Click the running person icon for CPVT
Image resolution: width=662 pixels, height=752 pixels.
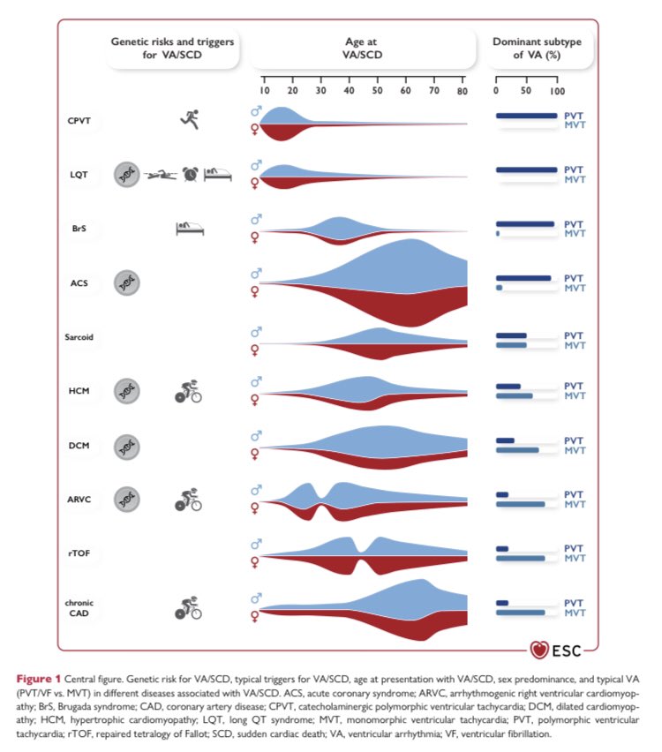(188, 119)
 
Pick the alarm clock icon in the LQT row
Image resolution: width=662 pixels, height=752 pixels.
(191, 174)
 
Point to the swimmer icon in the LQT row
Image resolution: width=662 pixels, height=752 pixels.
(161, 175)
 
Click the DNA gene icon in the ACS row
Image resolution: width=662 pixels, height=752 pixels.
(128, 282)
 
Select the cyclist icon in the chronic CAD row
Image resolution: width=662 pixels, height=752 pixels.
(188, 607)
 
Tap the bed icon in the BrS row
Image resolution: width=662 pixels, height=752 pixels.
(190, 229)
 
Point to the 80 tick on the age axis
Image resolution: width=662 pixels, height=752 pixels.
(463, 91)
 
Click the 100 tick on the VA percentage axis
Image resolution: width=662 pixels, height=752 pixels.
(556, 91)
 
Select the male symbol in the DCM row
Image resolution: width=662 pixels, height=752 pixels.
(257, 435)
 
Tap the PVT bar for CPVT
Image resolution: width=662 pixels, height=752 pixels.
(526, 115)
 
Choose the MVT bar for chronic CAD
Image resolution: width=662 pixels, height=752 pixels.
(520, 612)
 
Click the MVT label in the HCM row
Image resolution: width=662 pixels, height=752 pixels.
(574, 396)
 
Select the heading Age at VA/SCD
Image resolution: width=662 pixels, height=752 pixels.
(363, 49)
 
